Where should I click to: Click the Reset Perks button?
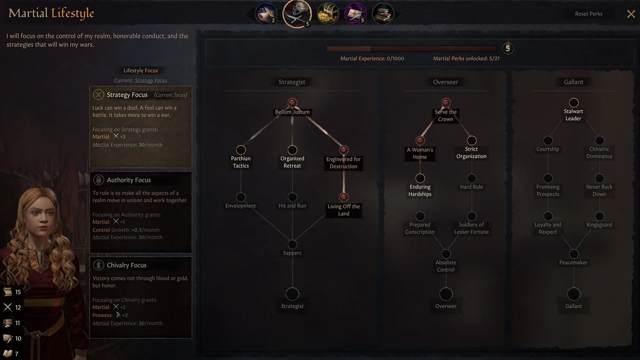point(588,14)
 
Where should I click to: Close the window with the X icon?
point(631,14)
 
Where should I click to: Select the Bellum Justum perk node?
point(292,102)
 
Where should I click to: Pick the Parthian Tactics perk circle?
point(241,150)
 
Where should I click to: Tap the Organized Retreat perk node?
point(292,150)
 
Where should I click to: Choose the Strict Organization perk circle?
point(471,140)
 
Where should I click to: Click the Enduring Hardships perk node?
point(420,178)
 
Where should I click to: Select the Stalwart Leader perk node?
point(573,102)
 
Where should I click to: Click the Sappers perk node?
point(292,244)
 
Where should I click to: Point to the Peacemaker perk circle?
point(573,254)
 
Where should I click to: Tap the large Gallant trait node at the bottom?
point(573,294)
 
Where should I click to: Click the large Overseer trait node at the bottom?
point(446,294)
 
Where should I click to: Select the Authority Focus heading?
point(129,180)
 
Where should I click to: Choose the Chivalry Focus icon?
point(98,265)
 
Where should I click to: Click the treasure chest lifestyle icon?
point(328,14)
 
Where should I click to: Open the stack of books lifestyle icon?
point(383,14)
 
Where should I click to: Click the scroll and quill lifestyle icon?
point(266,14)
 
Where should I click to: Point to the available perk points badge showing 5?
point(507,48)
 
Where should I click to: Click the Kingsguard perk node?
point(599,216)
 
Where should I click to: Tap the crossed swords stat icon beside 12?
point(8,307)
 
